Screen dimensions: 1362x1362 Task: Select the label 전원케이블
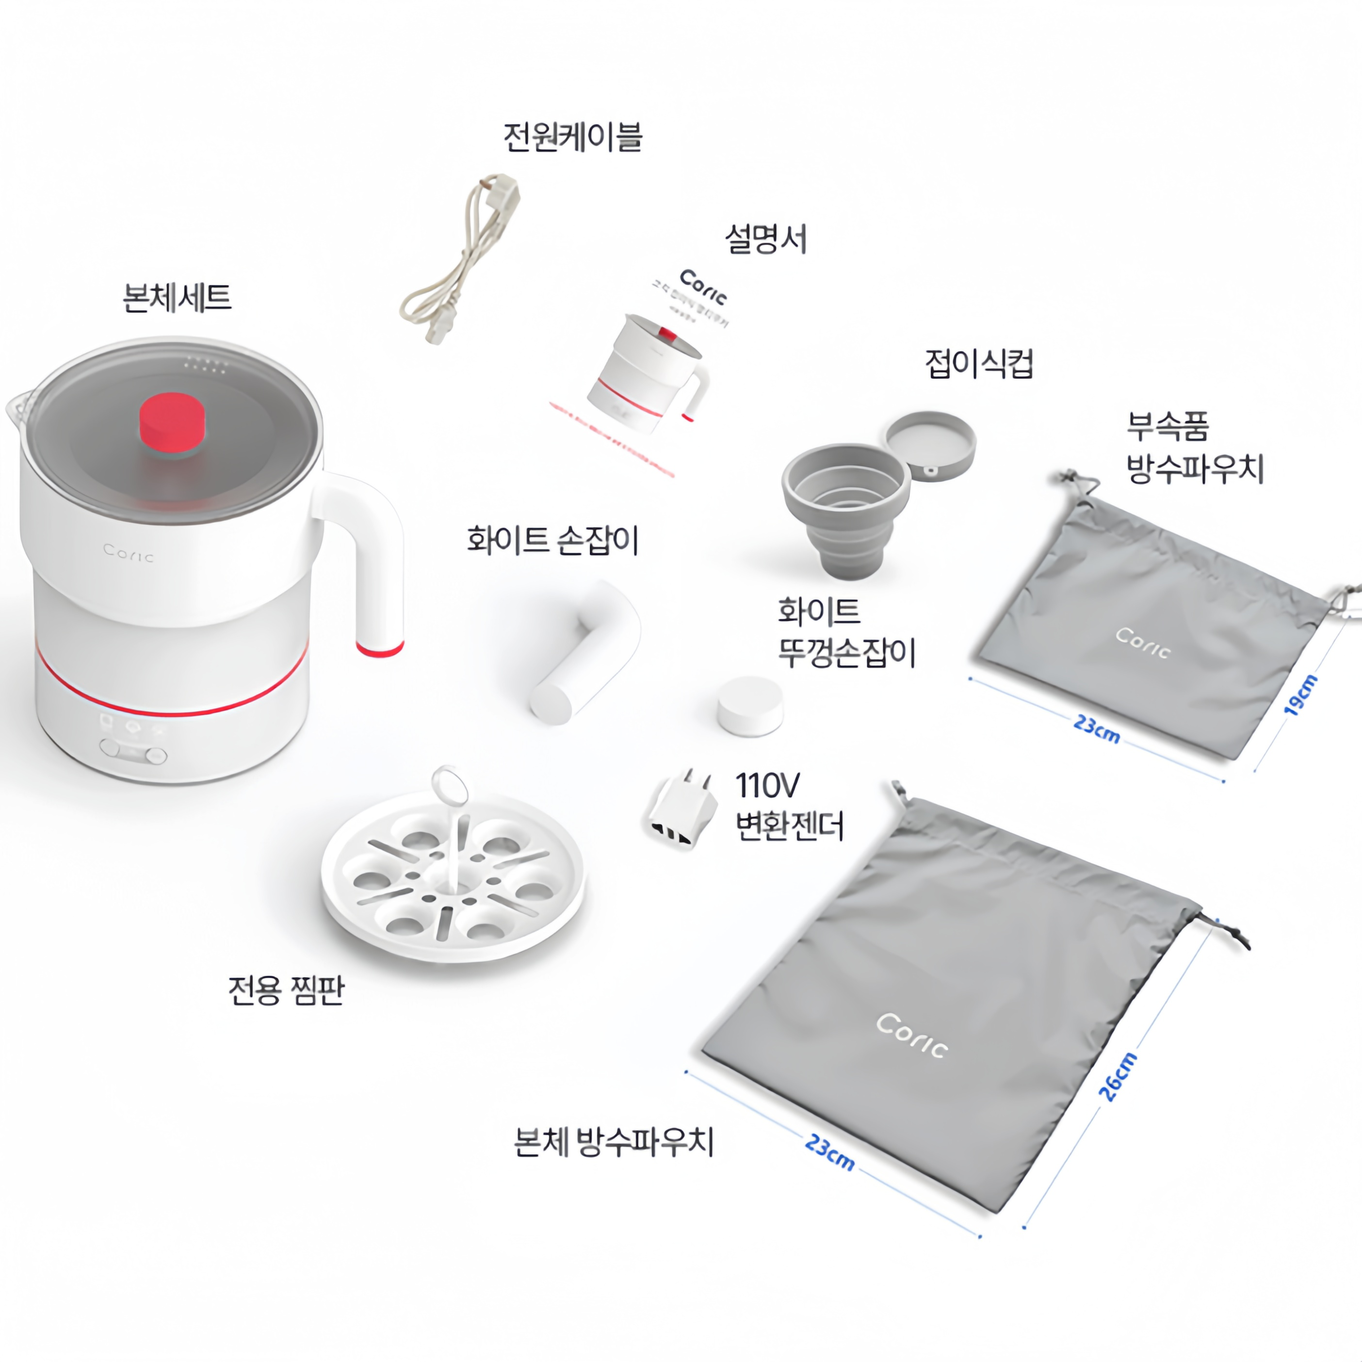click(x=572, y=137)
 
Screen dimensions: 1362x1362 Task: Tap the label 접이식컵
click(x=978, y=364)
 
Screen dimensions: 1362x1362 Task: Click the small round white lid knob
click(x=750, y=706)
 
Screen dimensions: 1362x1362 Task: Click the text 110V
click(x=767, y=785)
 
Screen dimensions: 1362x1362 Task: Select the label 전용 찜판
click(x=286, y=990)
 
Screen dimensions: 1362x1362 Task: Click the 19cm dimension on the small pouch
click(x=1299, y=695)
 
